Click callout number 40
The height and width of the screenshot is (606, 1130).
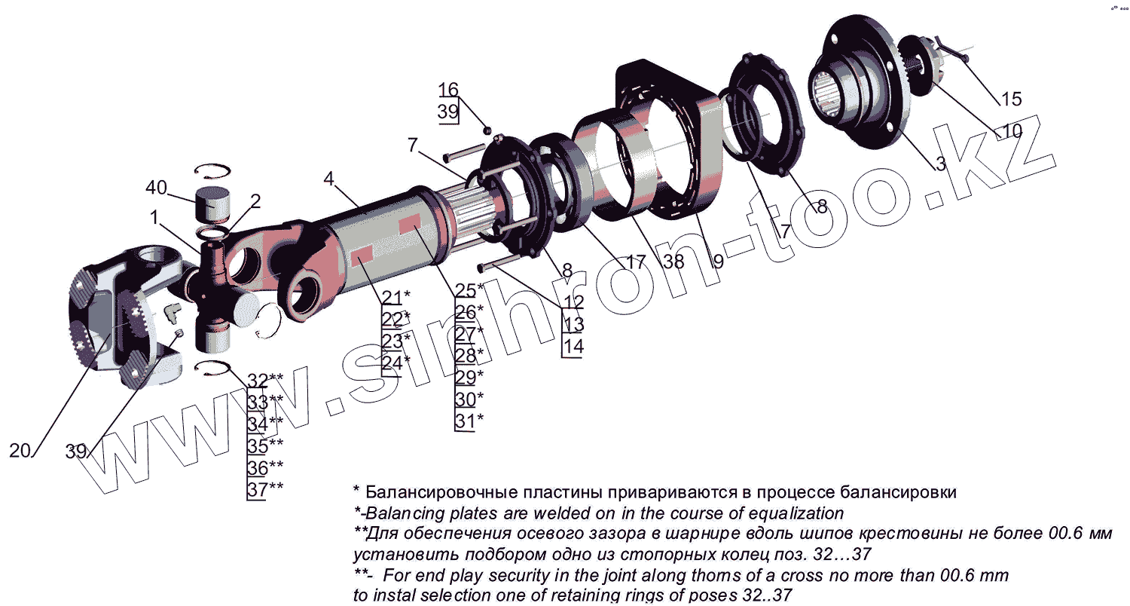click(156, 187)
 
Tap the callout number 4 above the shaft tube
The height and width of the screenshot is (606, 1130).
click(329, 178)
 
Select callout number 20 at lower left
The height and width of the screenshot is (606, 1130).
click(20, 451)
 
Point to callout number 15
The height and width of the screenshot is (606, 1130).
click(1011, 99)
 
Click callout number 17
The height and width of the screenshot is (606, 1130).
click(636, 262)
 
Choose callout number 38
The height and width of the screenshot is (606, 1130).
click(673, 262)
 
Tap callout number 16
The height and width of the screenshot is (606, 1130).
click(448, 90)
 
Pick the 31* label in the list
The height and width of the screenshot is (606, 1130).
click(469, 421)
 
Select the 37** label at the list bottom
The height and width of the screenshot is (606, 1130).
click(265, 489)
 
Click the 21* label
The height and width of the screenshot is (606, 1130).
click(396, 298)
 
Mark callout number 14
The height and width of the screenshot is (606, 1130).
click(573, 347)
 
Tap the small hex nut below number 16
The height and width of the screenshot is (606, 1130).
click(487, 130)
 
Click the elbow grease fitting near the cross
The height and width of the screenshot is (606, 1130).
click(172, 312)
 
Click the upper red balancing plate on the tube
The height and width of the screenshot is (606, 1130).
click(409, 223)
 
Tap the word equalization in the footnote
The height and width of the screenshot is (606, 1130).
click(796, 513)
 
